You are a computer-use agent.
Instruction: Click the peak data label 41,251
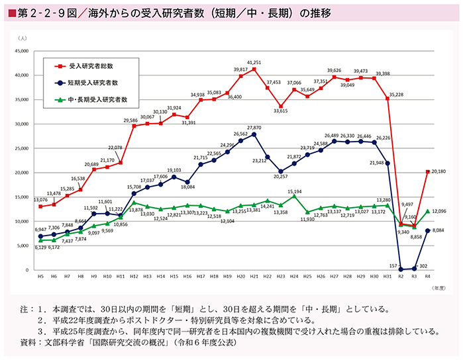tap(254, 62)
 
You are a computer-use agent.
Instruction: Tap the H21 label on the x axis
tap(254, 277)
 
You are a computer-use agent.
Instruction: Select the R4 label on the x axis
tap(427, 277)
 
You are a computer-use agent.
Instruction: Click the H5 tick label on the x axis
tap(40, 277)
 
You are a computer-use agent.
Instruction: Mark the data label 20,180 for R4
tap(440, 172)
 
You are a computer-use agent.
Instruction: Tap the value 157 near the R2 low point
tap(391, 265)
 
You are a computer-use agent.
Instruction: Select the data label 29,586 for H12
tap(130, 120)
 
